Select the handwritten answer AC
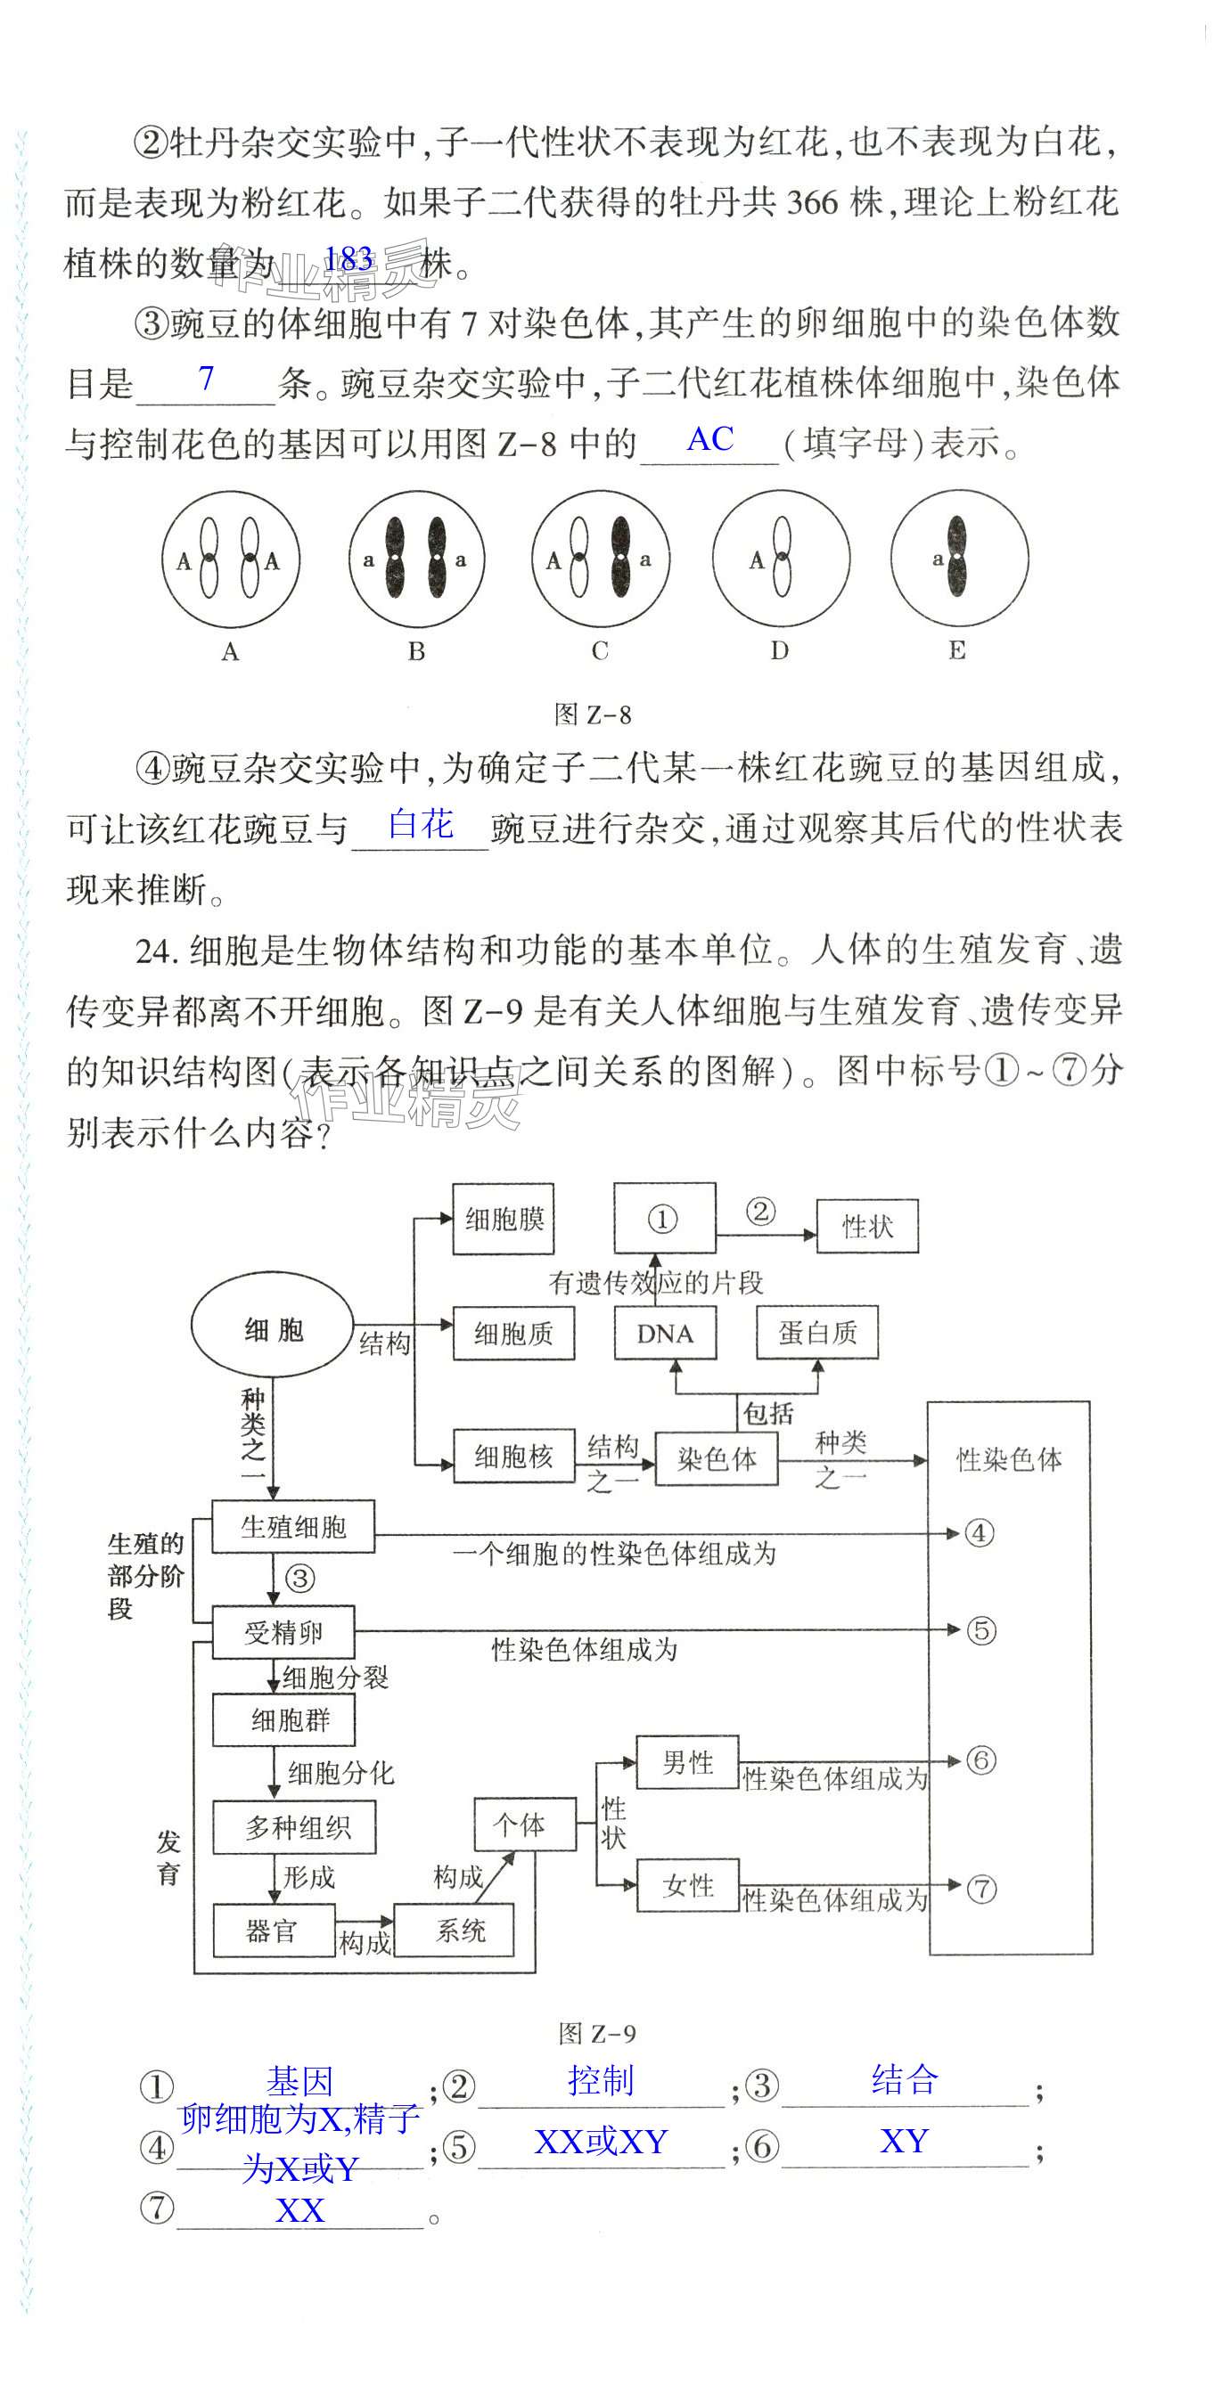710,439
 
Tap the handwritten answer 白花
421,825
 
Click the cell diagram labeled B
416,559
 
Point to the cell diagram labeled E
959,558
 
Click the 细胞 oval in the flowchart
272,1329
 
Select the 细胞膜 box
504,1219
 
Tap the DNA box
665,1334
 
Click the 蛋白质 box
817,1334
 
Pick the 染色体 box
717,1458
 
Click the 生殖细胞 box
293,1526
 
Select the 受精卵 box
283,1631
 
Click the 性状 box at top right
867,1226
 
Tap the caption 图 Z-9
597,2033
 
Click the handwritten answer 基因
299,2080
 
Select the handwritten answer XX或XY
601,2142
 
